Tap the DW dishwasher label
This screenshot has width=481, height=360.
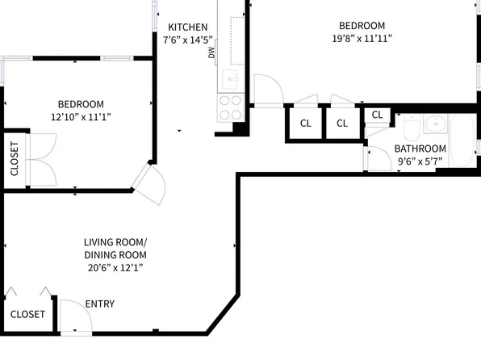(x=211, y=53)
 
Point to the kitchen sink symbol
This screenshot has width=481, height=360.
(x=229, y=79)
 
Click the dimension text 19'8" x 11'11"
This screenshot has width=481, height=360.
(x=362, y=39)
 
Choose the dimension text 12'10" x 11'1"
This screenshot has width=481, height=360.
(x=81, y=117)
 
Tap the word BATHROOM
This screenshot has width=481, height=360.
(x=420, y=149)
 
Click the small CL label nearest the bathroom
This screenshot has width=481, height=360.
(x=377, y=114)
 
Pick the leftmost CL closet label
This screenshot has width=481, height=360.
(x=306, y=123)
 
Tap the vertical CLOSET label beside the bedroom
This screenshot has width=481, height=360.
(x=15, y=158)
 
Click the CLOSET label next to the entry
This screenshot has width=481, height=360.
(x=27, y=314)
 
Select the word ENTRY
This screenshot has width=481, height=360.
(x=100, y=304)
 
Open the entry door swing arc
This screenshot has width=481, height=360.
(x=73, y=315)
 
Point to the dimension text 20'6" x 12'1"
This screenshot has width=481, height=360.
(x=115, y=267)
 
